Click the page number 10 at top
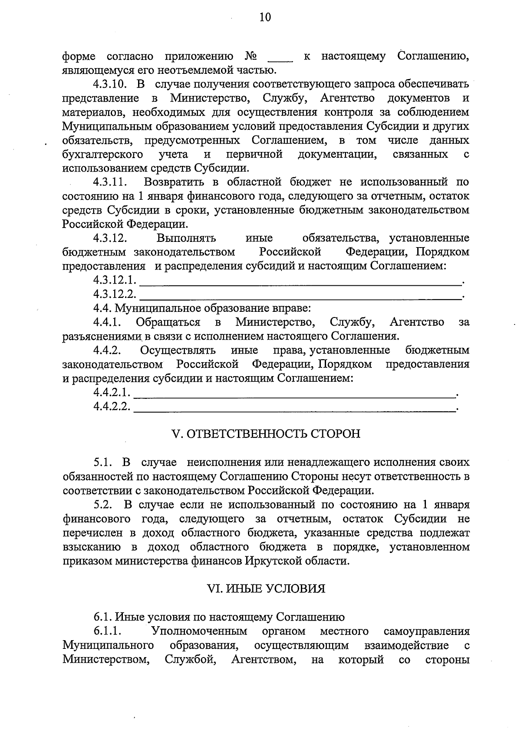265,17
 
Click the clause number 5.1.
103,462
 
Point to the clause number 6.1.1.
106,631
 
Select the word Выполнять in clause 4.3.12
186,238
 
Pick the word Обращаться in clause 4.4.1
168,322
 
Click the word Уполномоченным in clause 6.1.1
199,631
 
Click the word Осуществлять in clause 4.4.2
178,350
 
